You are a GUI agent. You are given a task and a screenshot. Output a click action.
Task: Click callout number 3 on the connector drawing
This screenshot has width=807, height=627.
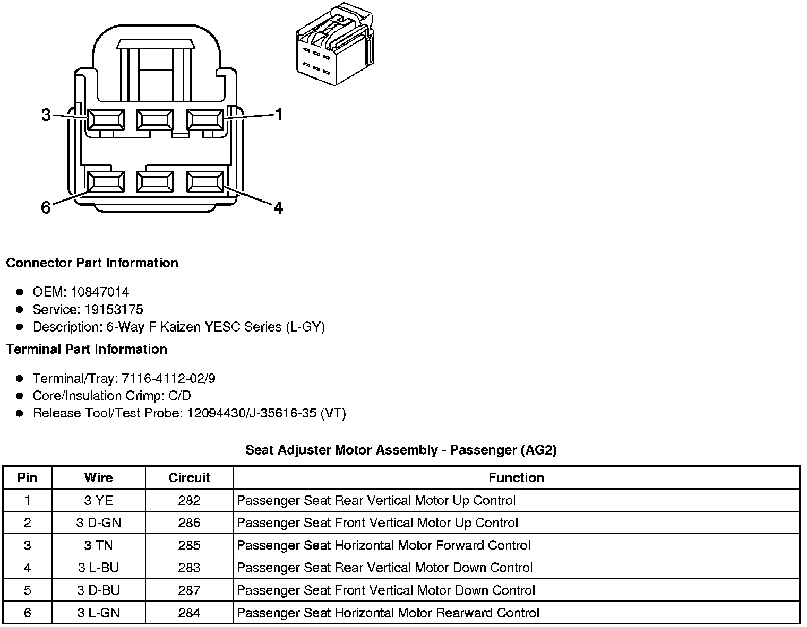(46, 115)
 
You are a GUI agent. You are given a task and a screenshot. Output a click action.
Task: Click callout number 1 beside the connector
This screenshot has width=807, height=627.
(278, 115)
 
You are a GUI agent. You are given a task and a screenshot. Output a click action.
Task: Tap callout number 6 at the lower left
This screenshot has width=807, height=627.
(46, 207)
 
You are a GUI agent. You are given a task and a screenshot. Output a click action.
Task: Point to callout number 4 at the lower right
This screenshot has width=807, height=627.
(278, 207)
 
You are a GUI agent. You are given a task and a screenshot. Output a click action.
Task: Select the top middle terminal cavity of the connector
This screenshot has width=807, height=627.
(154, 120)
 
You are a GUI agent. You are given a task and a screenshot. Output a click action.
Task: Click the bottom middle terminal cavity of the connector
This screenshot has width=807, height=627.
(154, 181)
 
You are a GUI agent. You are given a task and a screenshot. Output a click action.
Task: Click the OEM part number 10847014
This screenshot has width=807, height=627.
(100, 292)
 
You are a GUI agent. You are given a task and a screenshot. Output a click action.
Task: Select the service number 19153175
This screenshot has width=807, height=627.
(114, 309)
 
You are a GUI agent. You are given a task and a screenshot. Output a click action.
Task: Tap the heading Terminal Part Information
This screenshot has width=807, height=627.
(87, 349)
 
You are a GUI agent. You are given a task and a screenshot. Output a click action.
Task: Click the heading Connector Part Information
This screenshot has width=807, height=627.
(92, 263)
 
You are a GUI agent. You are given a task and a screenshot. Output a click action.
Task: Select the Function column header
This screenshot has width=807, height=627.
(516, 478)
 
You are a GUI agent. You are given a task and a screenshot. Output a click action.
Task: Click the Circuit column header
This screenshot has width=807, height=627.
(189, 478)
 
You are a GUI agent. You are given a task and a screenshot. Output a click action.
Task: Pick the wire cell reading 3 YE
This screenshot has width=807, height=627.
(99, 500)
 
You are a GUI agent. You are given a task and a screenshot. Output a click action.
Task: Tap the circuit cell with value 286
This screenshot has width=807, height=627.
(189, 523)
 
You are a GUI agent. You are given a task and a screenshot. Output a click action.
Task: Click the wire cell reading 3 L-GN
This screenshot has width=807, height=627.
(99, 613)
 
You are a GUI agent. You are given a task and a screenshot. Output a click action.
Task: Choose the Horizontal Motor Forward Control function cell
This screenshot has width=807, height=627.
(383, 545)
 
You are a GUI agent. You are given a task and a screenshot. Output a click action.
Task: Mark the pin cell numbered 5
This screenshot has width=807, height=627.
(28, 590)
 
